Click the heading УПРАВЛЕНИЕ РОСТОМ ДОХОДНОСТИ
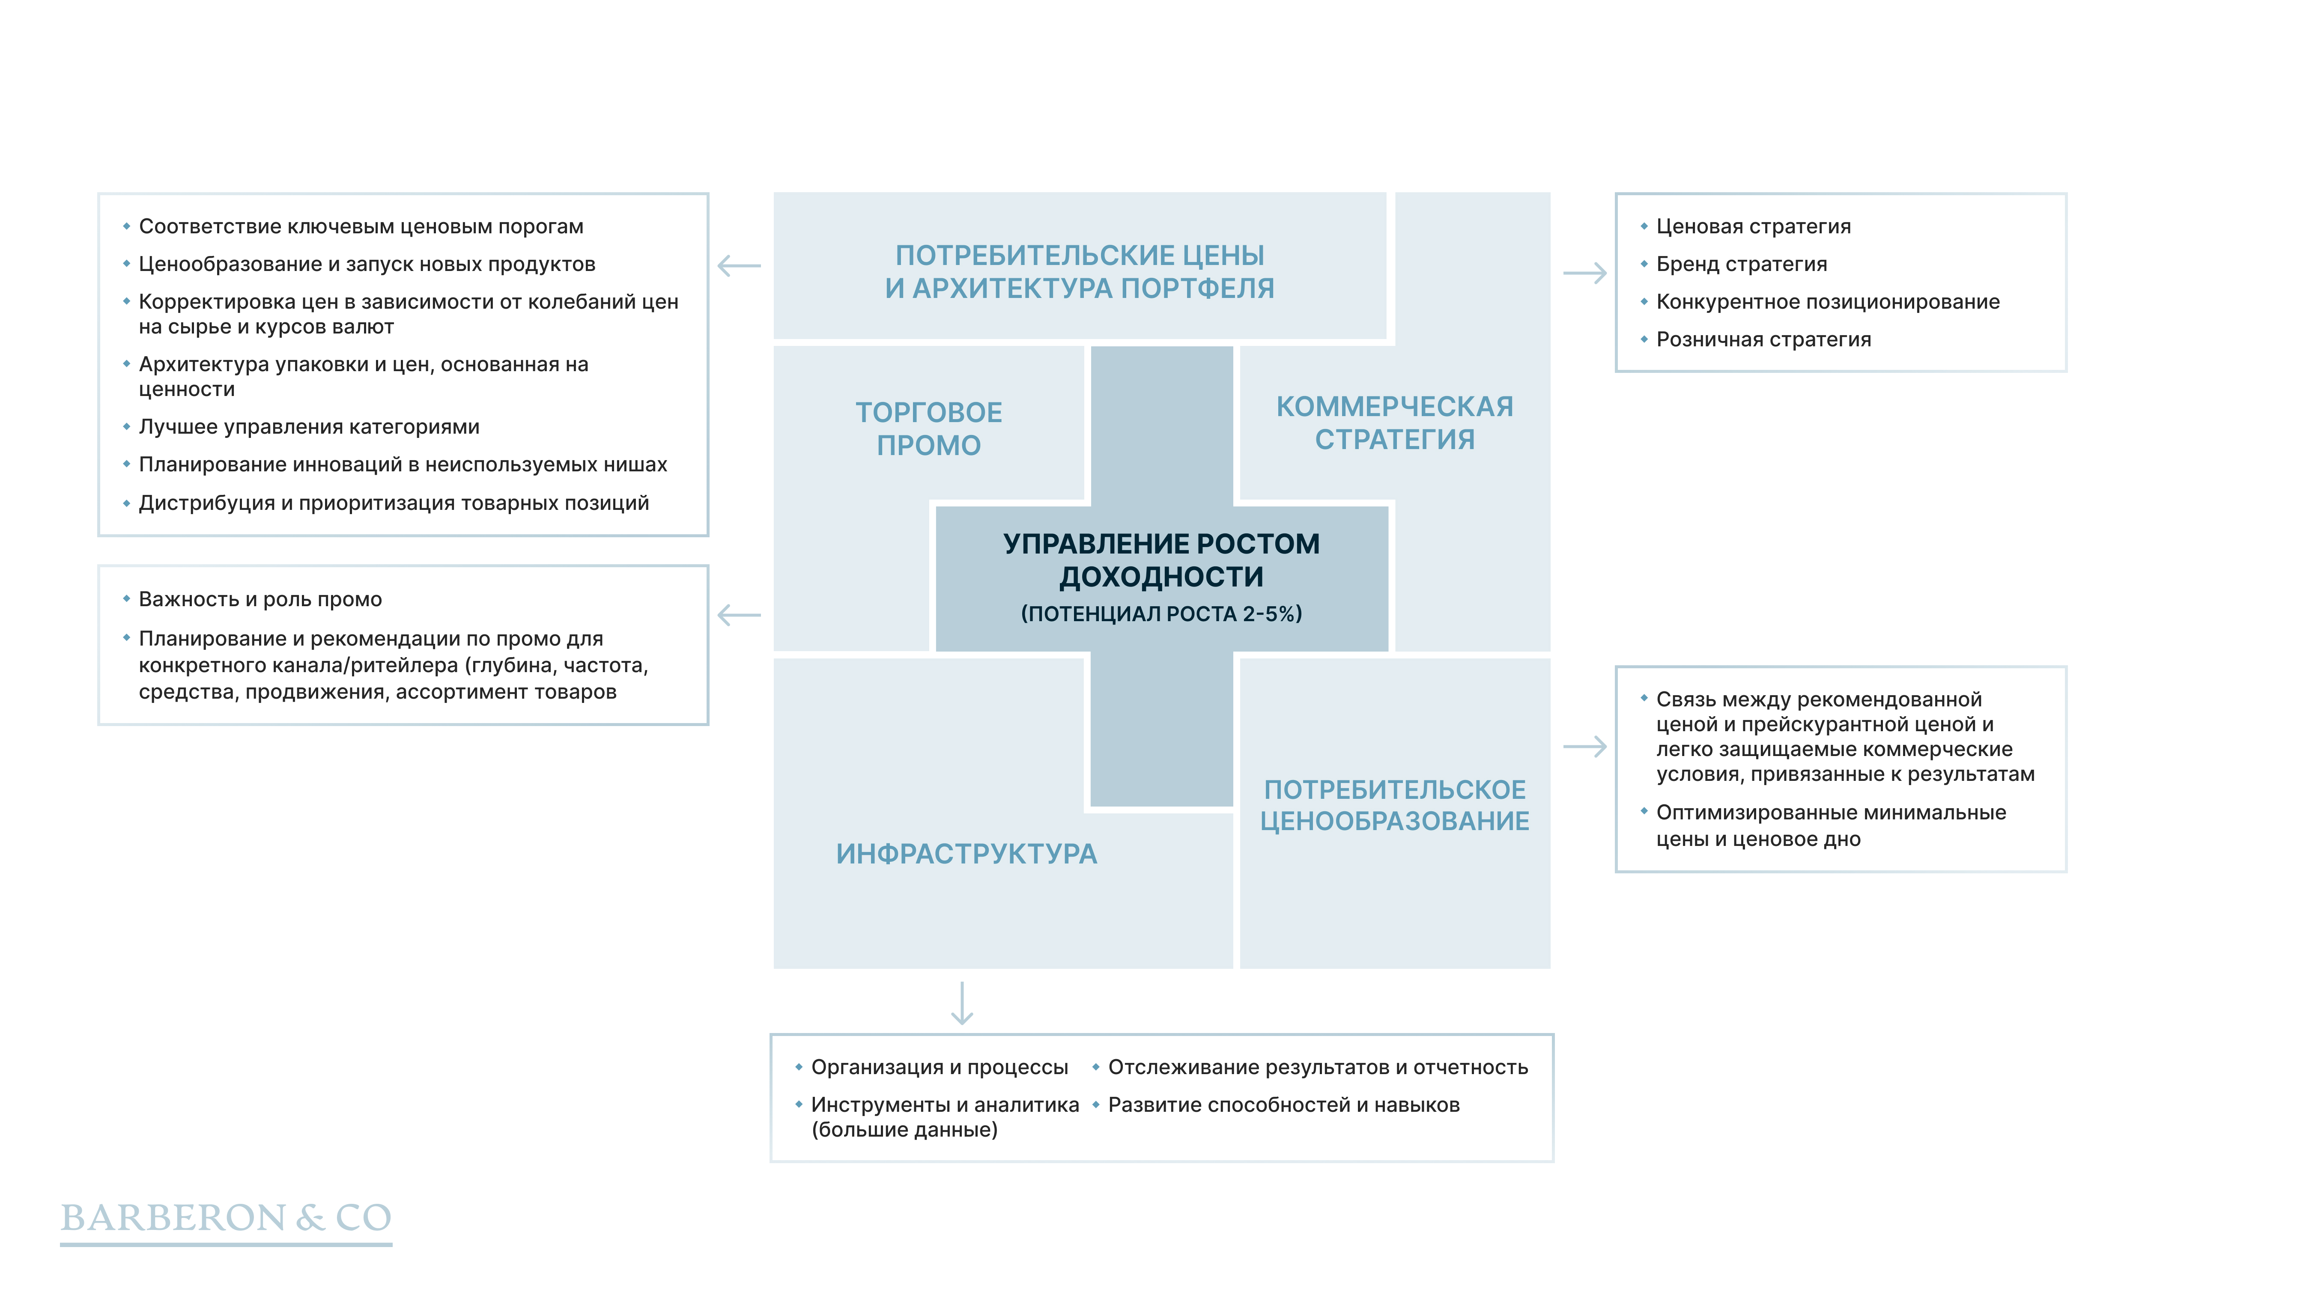(1161, 560)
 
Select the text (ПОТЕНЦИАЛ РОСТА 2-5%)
(1161, 614)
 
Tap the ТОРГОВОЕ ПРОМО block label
(928, 429)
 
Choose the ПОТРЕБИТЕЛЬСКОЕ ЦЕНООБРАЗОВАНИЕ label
(1394, 806)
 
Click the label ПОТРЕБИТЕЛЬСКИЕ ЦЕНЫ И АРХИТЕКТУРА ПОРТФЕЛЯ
(1079, 271)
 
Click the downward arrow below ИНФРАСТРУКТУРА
(962, 1003)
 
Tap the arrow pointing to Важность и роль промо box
(739, 615)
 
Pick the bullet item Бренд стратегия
(1741, 264)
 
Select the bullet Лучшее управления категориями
(309, 427)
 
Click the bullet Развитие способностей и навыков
(1283, 1105)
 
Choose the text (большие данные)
(904, 1130)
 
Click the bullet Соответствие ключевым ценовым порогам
(361, 226)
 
